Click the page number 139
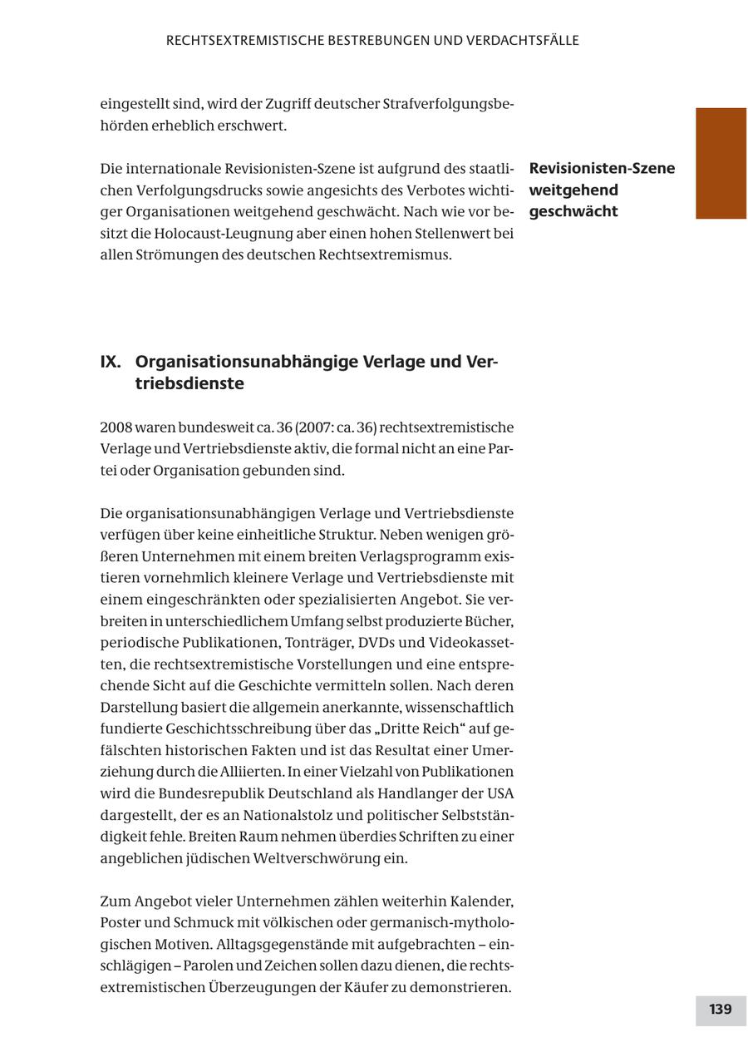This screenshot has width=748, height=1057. coord(720,1010)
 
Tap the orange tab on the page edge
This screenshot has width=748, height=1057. coord(721,163)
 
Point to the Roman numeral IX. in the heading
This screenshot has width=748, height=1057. coord(111,362)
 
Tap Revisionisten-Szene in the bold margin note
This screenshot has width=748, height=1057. coord(602,169)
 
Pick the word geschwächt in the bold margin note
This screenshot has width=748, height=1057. coord(573,211)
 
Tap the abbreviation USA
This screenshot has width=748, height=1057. coord(499,793)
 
